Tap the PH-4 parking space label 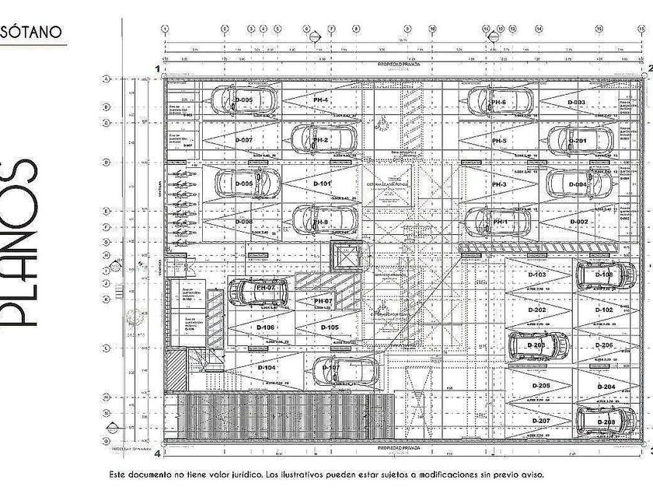[x=320, y=101]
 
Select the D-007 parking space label [x=244, y=140]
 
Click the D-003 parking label [x=576, y=103]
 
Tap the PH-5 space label [x=499, y=141]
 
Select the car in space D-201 [x=580, y=141]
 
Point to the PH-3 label [x=499, y=184]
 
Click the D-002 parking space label [x=578, y=222]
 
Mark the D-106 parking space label [x=265, y=327]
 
